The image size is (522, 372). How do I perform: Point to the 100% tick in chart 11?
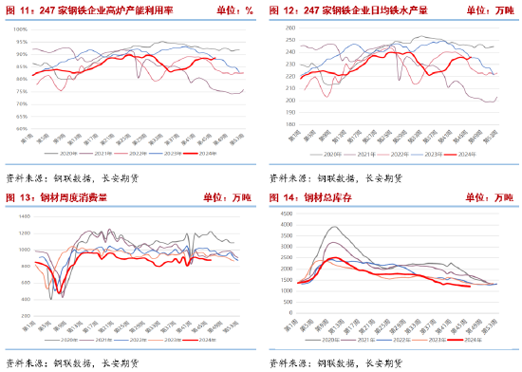[18, 29]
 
